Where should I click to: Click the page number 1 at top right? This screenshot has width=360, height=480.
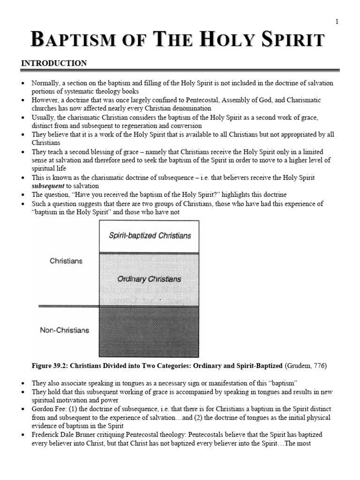(337, 22)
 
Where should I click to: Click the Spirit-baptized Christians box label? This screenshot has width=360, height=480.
(150, 235)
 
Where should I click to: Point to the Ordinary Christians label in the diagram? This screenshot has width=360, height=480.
(149, 279)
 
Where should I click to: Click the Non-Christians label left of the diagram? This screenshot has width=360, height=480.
(64, 330)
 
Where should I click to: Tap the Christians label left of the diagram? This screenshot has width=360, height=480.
(66, 261)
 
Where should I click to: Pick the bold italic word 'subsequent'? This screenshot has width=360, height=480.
(48, 186)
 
